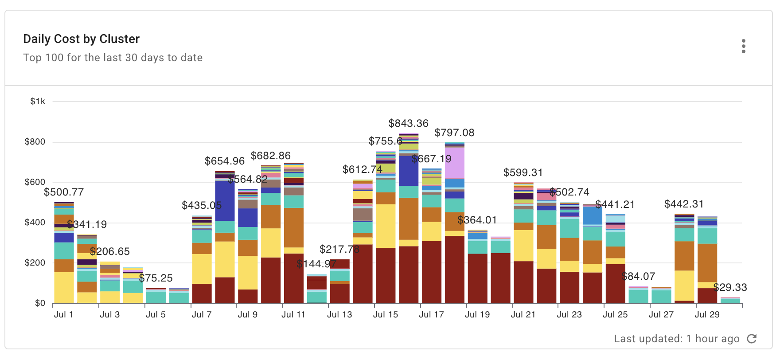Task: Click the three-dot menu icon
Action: pyautogui.click(x=743, y=46)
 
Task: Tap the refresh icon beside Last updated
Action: pyautogui.click(x=752, y=339)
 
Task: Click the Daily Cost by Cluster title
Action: pyautogui.click(x=81, y=39)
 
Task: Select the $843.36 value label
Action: pyautogui.click(x=408, y=123)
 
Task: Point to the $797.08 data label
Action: pyautogui.click(x=454, y=133)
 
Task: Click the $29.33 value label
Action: pyautogui.click(x=730, y=287)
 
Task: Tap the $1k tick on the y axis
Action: pyautogui.click(x=38, y=102)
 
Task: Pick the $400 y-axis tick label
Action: pyautogui.click(x=35, y=223)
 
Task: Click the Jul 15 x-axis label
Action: pyautogui.click(x=385, y=314)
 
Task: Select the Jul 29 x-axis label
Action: pyautogui.click(x=707, y=314)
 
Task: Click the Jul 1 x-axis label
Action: pyautogui.click(x=63, y=314)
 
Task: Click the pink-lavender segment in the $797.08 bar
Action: pyautogui.click(x=454, y=163)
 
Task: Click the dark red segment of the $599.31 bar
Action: pyautogui.click(x=523, y=282)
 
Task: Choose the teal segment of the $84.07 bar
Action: pyautogui.click(x=638, y=296)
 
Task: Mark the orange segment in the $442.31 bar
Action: pyautogui.click(x=684, y=256)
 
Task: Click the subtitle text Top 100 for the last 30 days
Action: pyautogui.click(x=113, y=58)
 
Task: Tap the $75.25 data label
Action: pyautogui.click(x=156, y=278)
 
